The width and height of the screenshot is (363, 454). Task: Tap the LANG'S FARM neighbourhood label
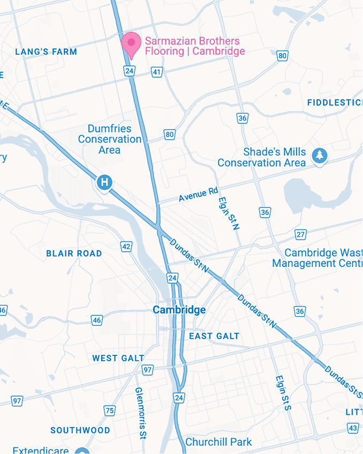46,52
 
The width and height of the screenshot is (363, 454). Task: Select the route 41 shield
156,71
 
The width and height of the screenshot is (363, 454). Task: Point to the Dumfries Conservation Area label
110,139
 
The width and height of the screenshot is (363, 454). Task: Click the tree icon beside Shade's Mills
320,155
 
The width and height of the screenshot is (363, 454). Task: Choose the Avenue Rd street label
199,193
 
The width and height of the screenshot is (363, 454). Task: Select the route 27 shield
300,234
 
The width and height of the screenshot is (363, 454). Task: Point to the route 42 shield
126,247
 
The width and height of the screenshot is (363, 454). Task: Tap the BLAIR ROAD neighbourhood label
74,254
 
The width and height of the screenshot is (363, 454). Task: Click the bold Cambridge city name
179,310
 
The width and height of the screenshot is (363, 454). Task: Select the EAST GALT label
214,336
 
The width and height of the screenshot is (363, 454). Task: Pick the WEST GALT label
118,358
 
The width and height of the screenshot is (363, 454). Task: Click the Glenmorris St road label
141,413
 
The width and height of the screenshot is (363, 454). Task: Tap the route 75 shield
110,411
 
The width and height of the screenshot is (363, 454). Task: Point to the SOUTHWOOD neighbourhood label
80,430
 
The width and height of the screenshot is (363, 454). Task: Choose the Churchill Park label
218,443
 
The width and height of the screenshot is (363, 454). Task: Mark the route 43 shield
353,428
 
